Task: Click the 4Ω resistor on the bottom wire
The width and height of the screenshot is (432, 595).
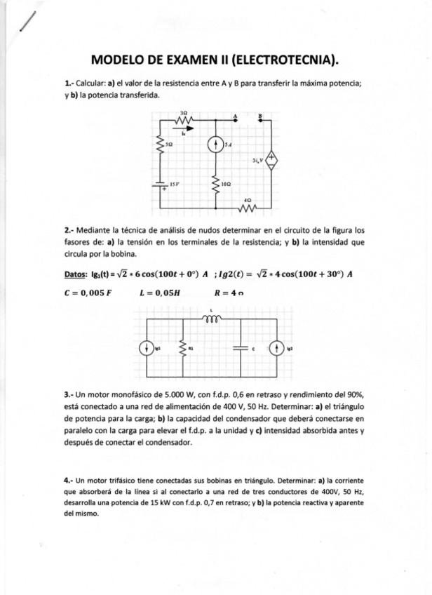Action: click(x=246, y=207)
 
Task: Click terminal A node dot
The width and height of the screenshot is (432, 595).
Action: click(x=236, y=120)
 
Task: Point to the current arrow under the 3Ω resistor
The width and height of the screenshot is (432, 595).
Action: click(x=182, y=129)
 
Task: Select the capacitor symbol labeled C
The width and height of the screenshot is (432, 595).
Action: click(x=241, y=346)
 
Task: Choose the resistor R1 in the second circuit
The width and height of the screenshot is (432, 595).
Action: click(x=182, y=346)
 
